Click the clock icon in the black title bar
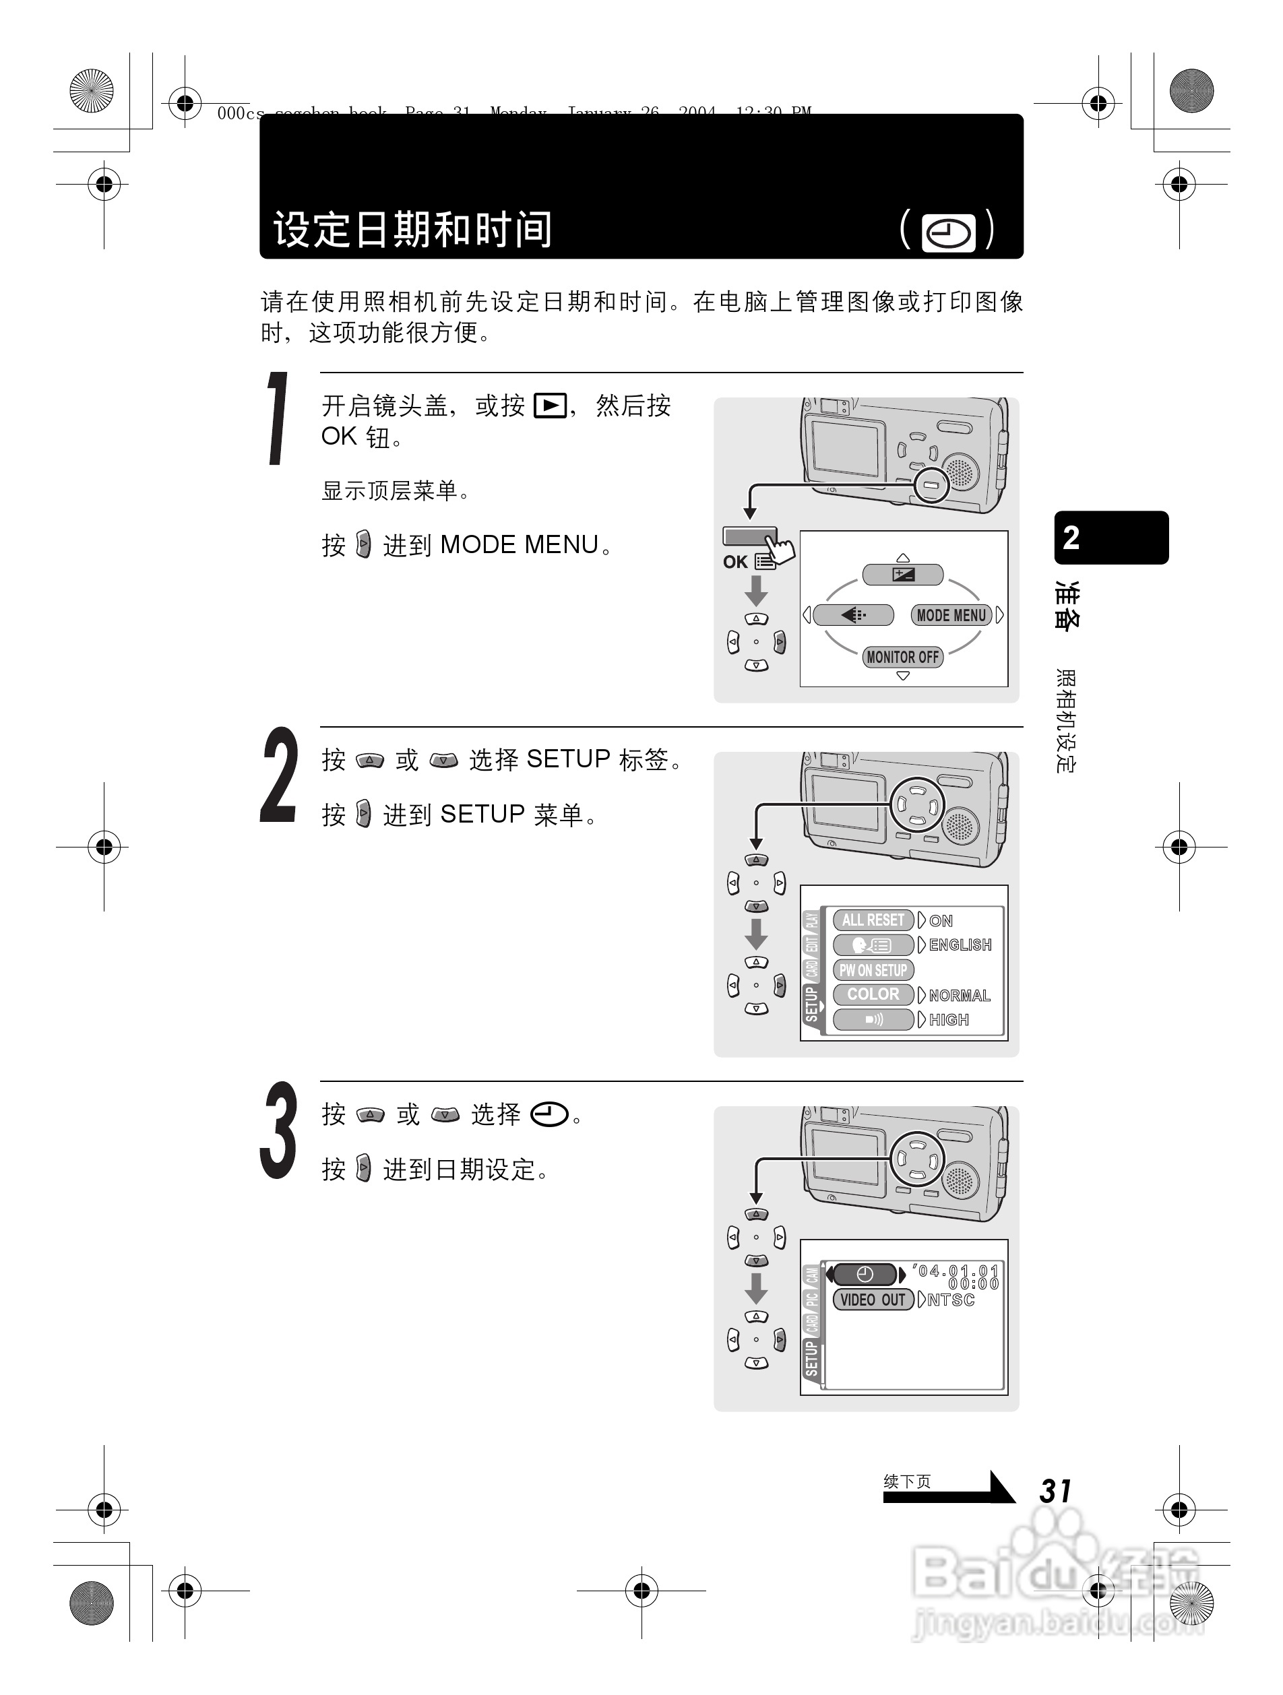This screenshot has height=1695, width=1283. click(948, 233)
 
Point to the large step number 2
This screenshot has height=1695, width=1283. click(278, 775)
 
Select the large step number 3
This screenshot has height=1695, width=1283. click(278, 1130)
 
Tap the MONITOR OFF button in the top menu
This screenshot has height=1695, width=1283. click(902, 657)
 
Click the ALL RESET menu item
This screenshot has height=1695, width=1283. click(873, 920)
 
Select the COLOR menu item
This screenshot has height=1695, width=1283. click(873, 994)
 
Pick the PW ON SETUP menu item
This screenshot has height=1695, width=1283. click(873, 970)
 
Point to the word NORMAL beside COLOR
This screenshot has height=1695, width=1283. click(959, 996)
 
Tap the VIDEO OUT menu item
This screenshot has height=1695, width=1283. click(872, 1300)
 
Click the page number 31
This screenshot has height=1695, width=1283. click(1055, 1491)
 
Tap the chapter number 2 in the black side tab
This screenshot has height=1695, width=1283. click(1071, 538)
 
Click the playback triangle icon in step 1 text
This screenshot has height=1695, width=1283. click(551, 406)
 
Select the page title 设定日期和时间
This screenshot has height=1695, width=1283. click(412, 229)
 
